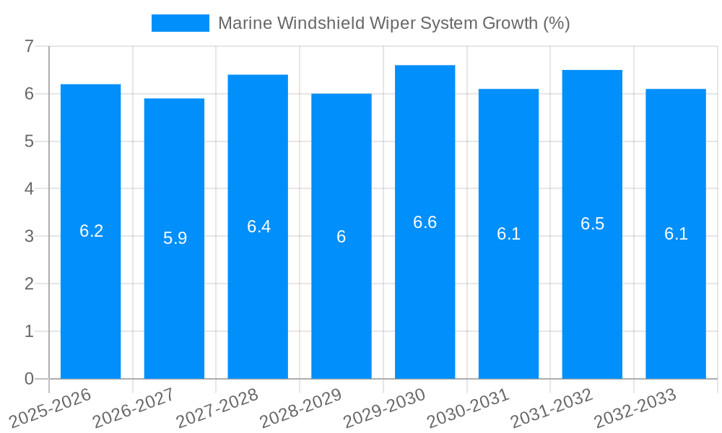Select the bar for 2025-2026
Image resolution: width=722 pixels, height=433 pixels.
pos(90,231)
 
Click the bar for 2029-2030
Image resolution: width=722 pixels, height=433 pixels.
pos(425,222)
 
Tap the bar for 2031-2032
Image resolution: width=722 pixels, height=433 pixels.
pos(592,224)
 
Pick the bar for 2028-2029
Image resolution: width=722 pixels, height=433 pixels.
pos(341,236)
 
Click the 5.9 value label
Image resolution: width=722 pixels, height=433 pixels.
pos(175,238)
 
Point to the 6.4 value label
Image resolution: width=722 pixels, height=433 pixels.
pos(258,227)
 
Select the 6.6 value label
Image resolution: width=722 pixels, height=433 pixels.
pos(425,222)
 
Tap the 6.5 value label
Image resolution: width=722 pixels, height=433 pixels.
pos(592,224)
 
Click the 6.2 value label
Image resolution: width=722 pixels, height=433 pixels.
pos(91,231)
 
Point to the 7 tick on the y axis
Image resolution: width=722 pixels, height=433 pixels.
pos(29,46)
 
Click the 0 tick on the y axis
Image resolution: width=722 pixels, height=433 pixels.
pos(29,379)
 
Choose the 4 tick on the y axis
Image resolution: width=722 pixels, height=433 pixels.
pos(29,189)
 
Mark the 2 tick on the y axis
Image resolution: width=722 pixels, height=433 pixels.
pos(29,284)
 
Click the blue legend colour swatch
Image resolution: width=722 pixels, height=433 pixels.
pos(180,23)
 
